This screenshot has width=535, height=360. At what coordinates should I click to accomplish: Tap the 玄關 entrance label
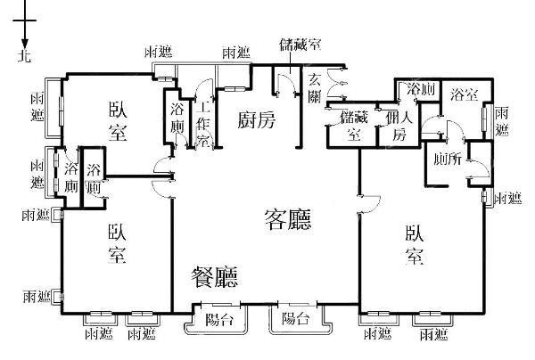coord(314,87)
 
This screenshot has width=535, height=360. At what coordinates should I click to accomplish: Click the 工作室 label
coord(203,120)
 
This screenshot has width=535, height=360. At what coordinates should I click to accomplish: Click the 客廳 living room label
coord(287,219)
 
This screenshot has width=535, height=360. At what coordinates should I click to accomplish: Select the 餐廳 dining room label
coord(215,278)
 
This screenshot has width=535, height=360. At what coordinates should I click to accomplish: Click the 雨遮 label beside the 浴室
coord(502,120)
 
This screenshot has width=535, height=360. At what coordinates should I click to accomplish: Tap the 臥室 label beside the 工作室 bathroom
coord(117,120)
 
